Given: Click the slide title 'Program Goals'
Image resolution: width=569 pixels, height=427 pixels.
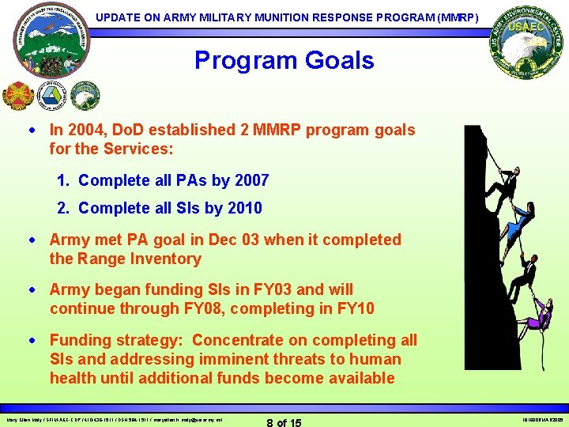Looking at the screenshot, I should [x=284, y=60].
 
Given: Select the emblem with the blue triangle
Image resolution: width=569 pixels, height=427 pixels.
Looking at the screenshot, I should [x=51, y=95].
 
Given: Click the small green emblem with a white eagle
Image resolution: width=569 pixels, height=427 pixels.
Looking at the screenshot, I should [x=85, y=96].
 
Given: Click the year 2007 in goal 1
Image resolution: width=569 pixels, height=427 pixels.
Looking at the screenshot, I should [x=251, y=180].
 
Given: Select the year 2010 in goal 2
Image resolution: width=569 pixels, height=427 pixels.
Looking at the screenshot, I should [x=245, y=208].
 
